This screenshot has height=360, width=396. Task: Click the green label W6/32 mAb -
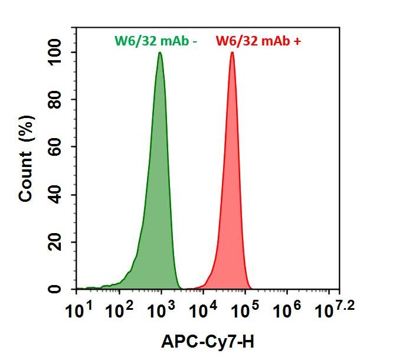(x=156, y=41)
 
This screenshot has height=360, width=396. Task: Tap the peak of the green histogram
(x=160, y=53)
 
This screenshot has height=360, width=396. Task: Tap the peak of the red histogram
(x=233, y=53)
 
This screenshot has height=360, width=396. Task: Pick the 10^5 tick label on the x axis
(x=245, y=307)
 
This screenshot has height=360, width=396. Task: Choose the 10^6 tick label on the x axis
(x=287, y=307)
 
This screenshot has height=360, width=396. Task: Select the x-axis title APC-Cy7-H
(x=208, y=341)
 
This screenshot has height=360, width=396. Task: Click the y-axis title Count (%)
(x=27, y=159)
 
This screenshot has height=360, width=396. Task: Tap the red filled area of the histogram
(x=232, y=207)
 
